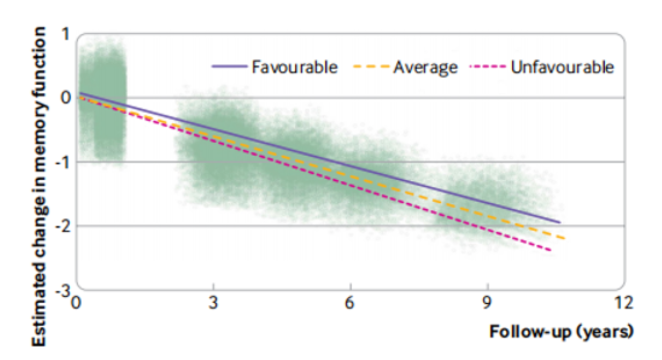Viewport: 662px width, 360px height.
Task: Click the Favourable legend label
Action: tap(294, 67)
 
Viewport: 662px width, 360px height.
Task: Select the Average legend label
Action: tap(425, 67)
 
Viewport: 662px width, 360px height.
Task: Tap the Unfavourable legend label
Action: tap(562, 67)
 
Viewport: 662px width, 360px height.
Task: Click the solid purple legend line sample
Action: tap(228, 67)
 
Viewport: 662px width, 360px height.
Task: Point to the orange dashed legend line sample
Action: tap(371, 67)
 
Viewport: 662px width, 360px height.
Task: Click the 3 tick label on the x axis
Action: tap(214, 303)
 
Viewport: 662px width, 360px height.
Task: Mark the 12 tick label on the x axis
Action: tap(623, 303)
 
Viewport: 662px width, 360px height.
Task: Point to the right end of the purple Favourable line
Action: tap(560, 223)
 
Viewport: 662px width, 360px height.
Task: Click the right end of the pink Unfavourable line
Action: tap(551, 250)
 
